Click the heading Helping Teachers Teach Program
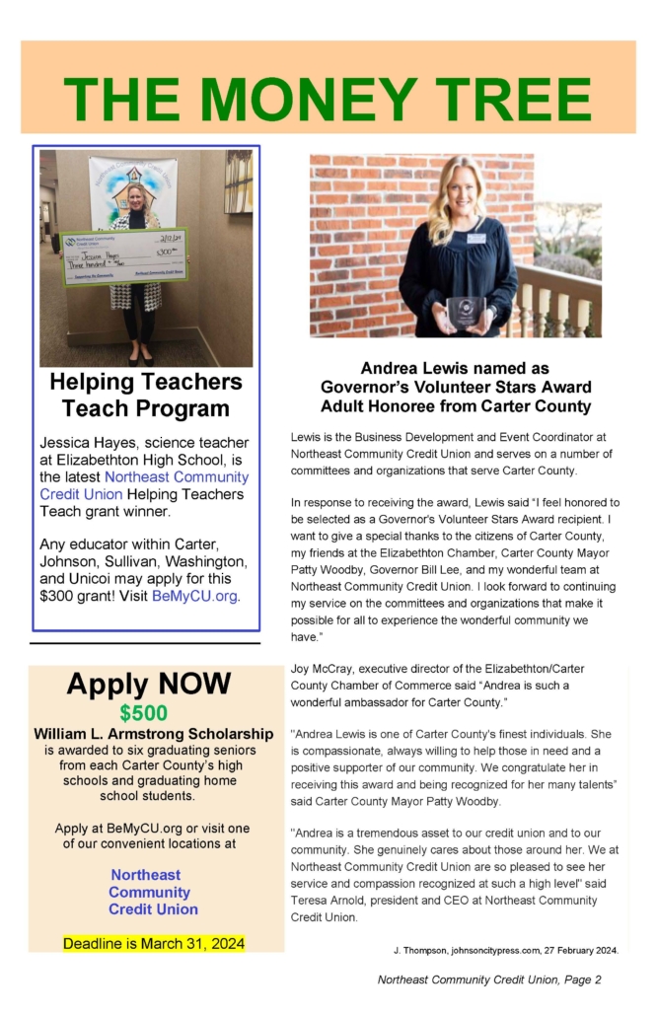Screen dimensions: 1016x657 coord(146,395)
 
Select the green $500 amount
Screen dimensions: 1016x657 coord(144,713)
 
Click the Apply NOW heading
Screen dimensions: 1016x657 coord(149,684)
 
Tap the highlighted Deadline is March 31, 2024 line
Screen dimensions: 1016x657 coord(154,943)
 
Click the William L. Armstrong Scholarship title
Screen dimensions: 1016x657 coord(154,734)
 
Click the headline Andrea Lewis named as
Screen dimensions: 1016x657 coord(454,368)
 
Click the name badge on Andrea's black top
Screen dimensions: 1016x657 coord(476,238)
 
